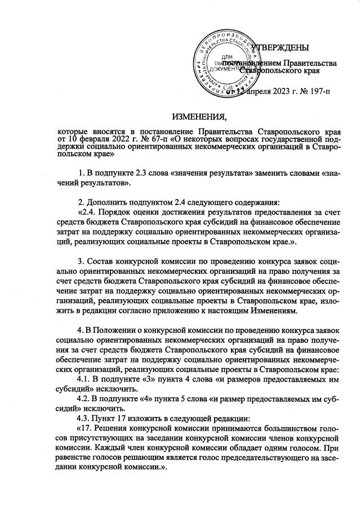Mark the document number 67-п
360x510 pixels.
(151, 138)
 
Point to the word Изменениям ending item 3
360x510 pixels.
(269, 312)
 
